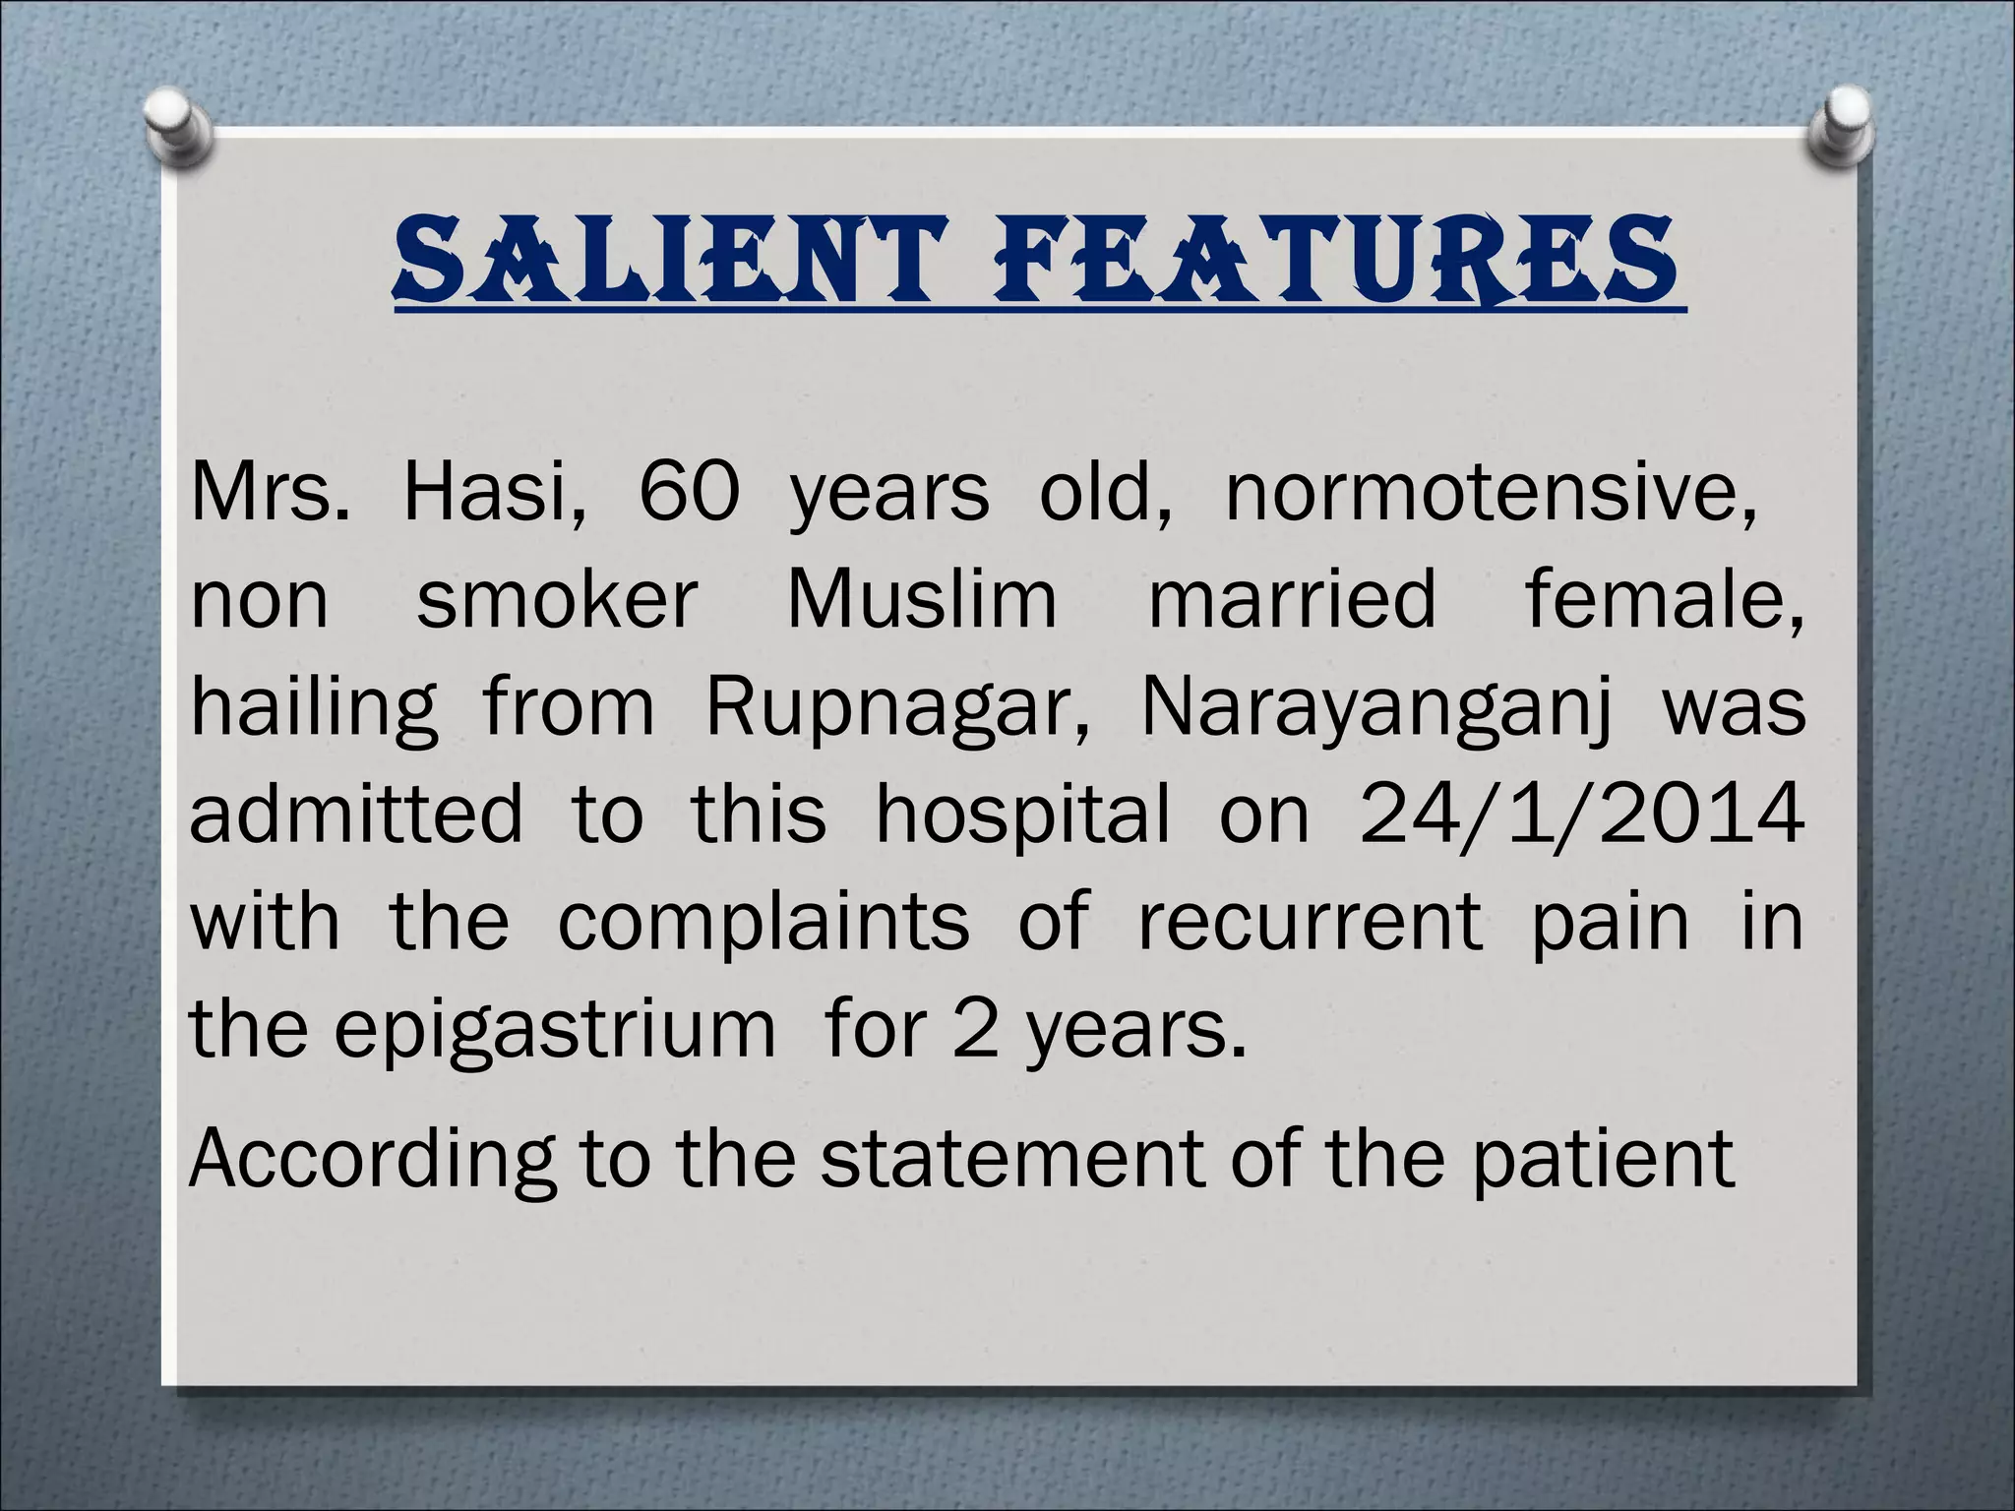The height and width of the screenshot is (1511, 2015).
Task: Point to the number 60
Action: click(688, 492)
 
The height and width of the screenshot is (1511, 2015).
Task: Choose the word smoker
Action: click(557, 599)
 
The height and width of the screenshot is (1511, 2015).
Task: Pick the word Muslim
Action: click(922, 599)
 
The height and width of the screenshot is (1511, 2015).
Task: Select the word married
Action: click(1293, 599)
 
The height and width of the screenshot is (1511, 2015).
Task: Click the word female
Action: click(1665, 599)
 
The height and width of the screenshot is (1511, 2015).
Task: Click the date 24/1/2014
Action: click(1581, 815)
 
